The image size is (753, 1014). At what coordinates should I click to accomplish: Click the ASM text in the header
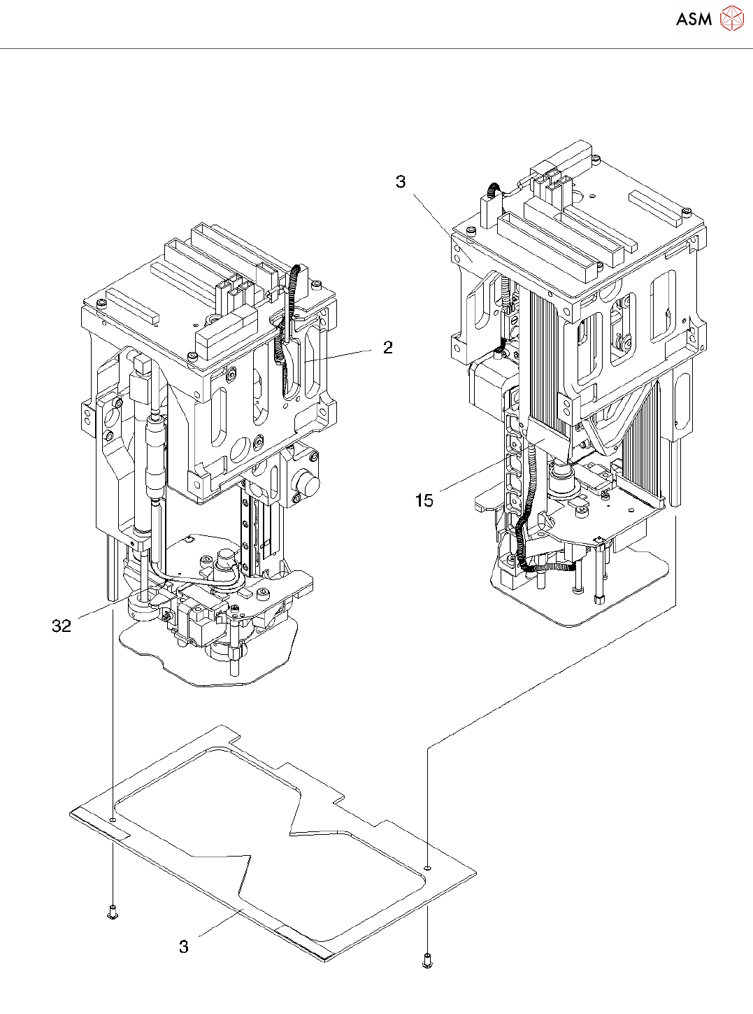pyautogui.click(x=694, y=19)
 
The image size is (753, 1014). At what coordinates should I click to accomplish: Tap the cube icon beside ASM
pyautogui.click(x=732, y=18)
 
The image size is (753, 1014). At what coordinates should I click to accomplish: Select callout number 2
pyautogui.click(x=388, y=348)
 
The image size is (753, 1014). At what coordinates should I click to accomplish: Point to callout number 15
pyautogui.click(x=424, y=500)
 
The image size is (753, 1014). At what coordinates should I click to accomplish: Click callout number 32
pyautogui.click(x=62, y=626)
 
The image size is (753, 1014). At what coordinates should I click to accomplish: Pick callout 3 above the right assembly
pyautogui.click(x=401, y=182)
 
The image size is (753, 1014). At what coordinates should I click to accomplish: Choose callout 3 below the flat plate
pyautogui.click(x=184, y=947)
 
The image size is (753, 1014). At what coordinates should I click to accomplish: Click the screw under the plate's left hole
pyautogui.click(x=112, y=912)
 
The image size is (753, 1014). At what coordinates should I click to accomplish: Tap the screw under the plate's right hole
pyautogui.click(x=427, y=962)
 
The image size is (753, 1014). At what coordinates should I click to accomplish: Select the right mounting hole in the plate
pyautogui.click(x=427, y=868)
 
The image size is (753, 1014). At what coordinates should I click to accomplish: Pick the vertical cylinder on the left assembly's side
pyautogui.click(x=152, y=455)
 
